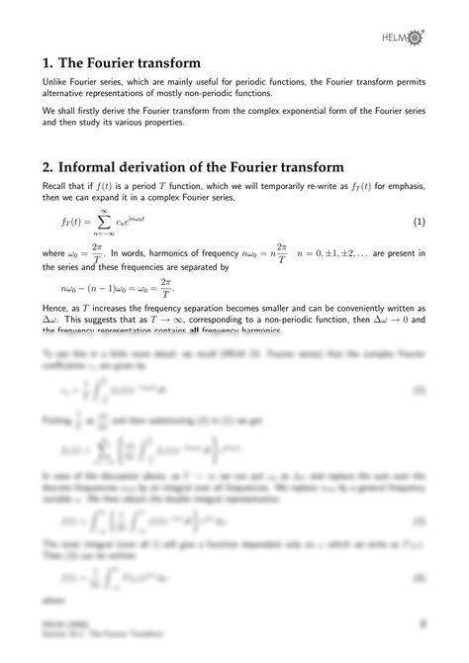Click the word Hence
point(56,310)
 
